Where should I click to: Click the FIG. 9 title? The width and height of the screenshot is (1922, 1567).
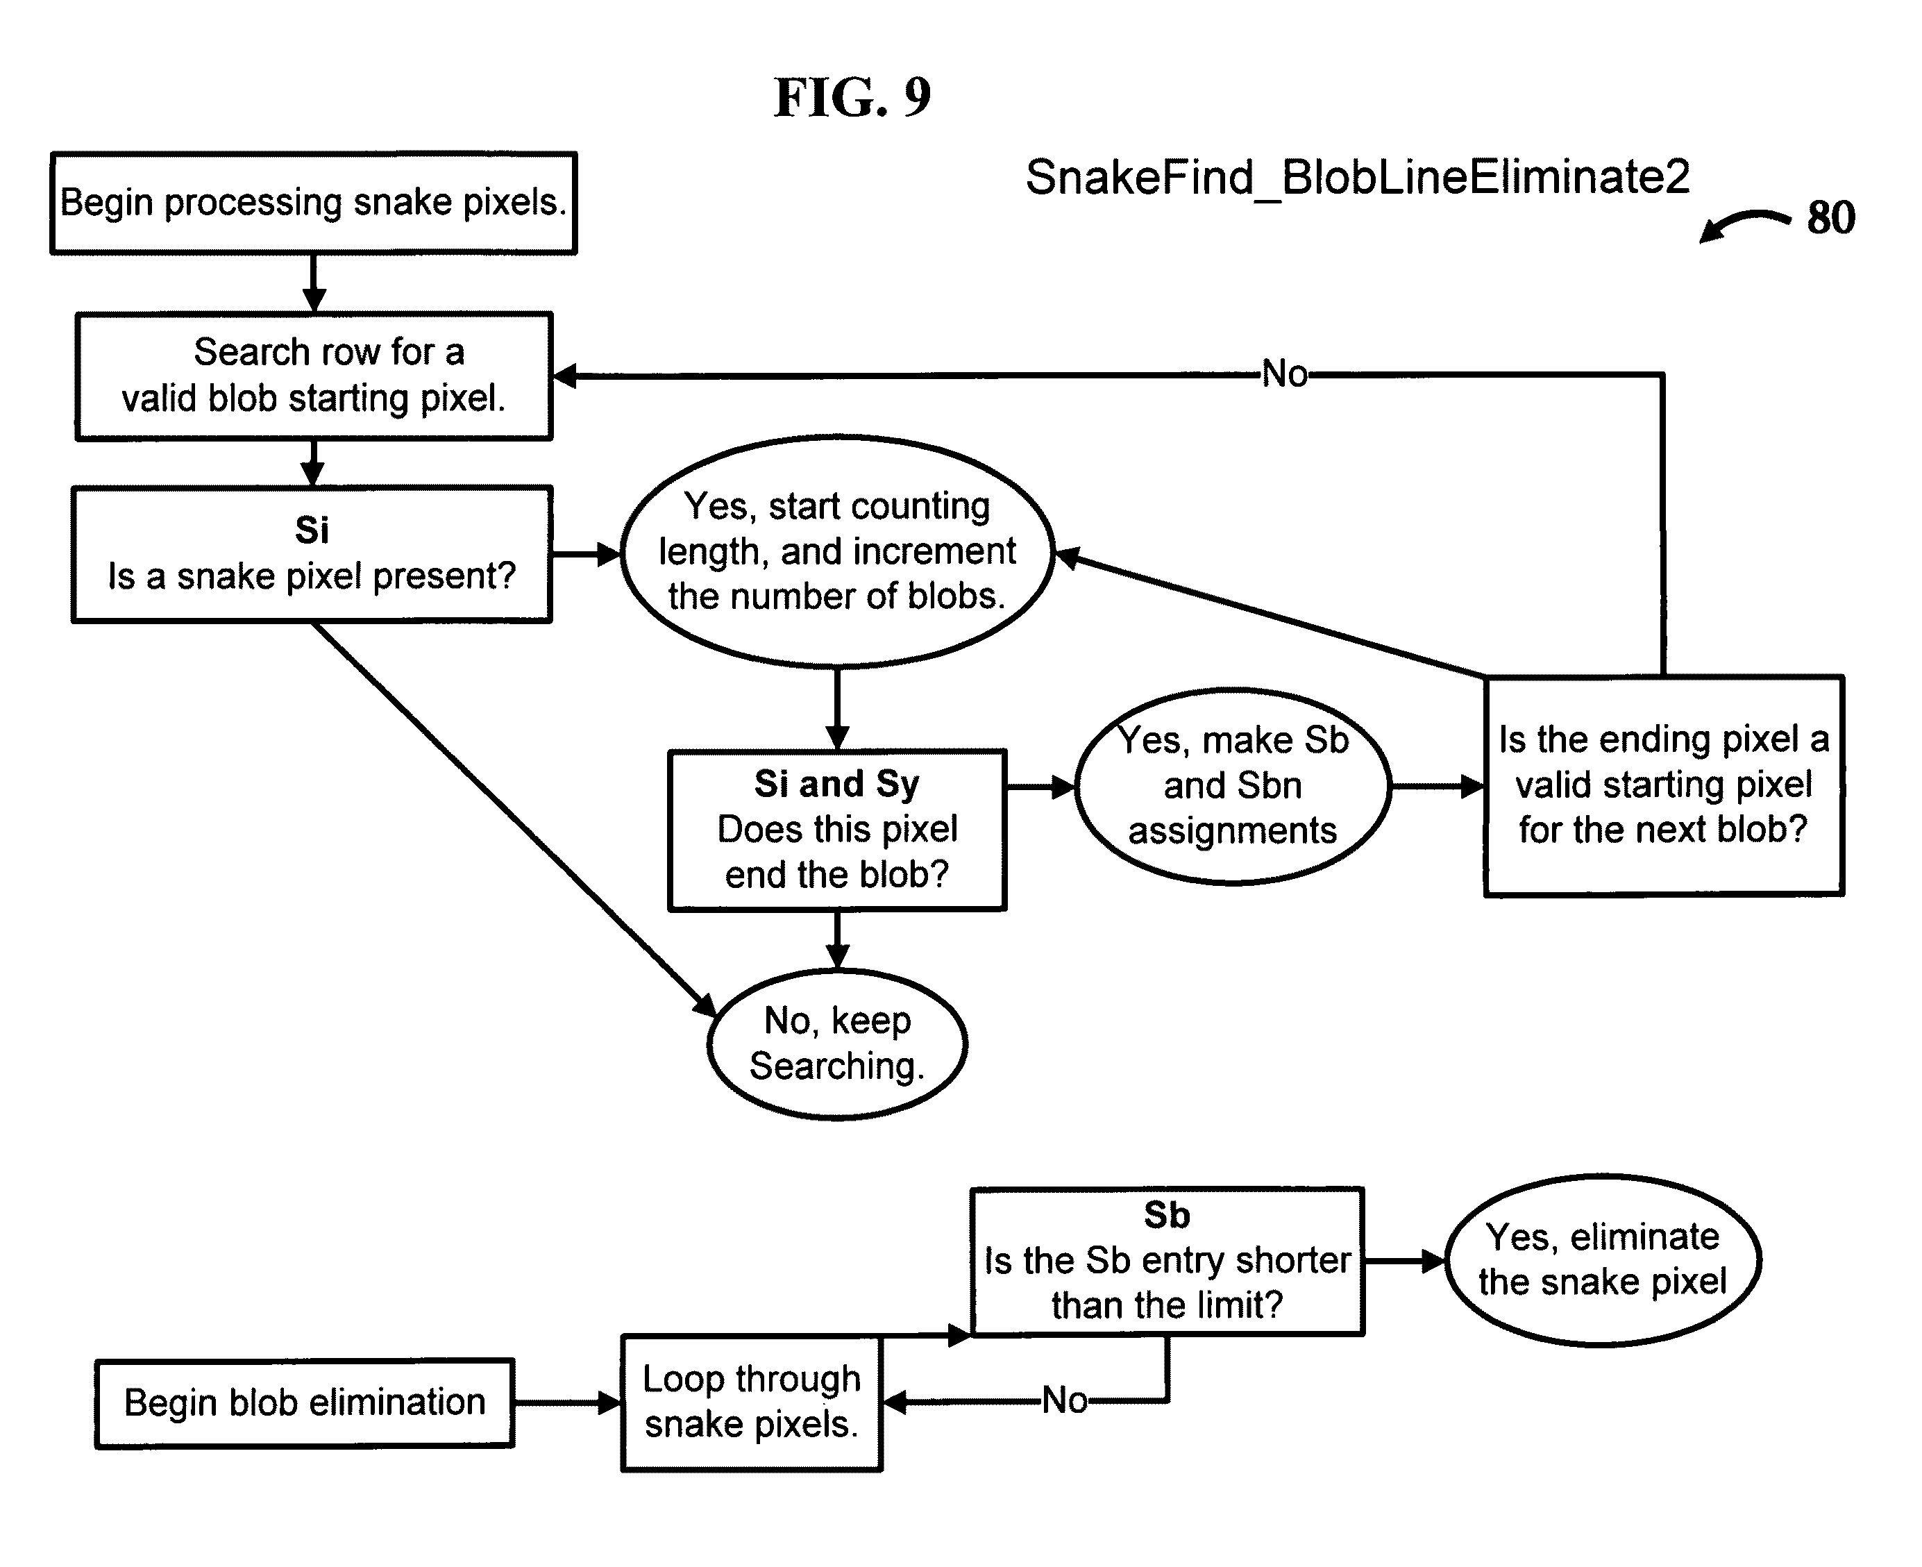coord(852,97)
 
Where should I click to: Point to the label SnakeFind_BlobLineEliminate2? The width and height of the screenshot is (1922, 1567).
coord(1358,177)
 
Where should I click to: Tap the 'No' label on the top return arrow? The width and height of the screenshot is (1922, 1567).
coord(1284,374)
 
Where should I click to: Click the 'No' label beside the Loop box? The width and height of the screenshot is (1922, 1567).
coord(1065,1401)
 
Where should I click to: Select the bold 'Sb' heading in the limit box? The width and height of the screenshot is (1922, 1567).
coord(1167,1215)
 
